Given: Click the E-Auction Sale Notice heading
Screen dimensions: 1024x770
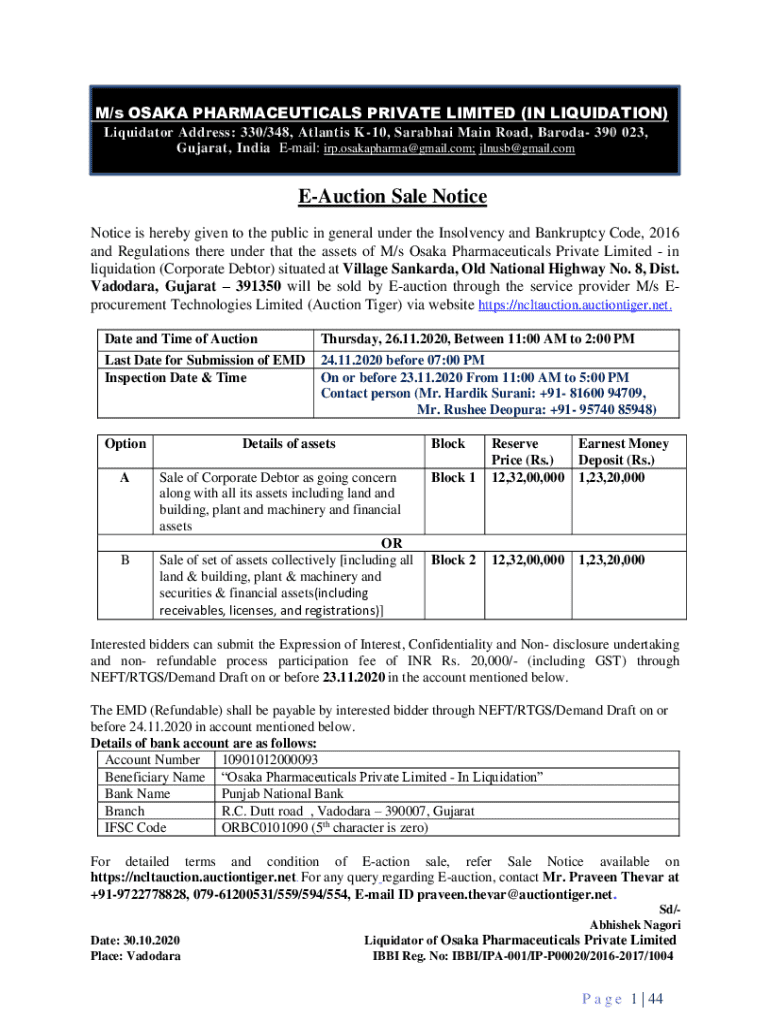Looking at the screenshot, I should tap(385, 196).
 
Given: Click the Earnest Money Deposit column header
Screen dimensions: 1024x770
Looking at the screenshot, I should tap(623, 451).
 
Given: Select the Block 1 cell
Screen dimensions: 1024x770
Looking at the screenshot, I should tap(453, 478).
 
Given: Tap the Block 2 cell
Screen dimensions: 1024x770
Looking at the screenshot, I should tap(453, 560).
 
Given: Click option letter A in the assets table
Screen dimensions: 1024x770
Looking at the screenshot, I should tap(124, 478).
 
